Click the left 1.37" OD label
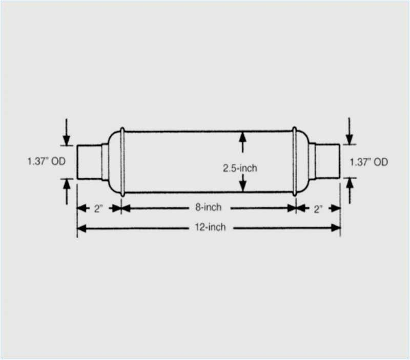tap(46, 162)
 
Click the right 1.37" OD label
tap(368, 162)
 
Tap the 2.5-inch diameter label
tap(240, 167)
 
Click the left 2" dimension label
tap(99, 208)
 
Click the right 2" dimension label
tap(318, 208)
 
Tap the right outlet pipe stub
tap(327, 162)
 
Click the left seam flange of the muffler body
tap(122, 162)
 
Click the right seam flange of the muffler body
tap(295, 162)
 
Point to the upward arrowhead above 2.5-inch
tap(242, 136)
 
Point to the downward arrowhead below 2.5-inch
tap(242, 187)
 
